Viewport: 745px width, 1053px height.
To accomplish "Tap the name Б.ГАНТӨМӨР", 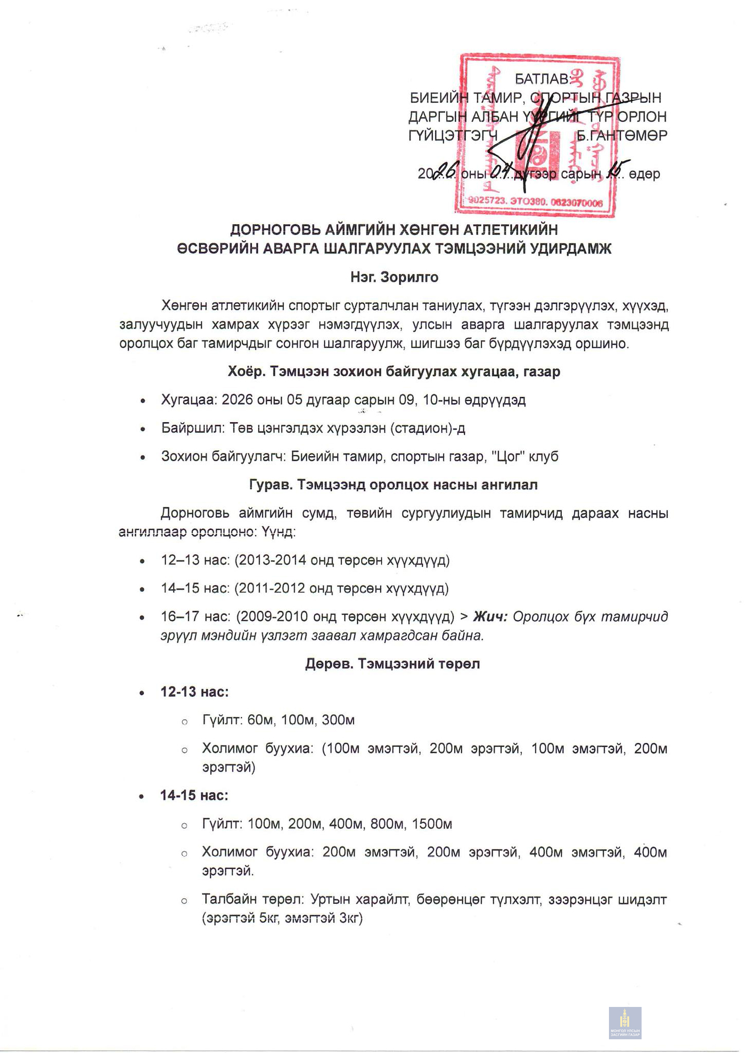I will pyautogui.click(x=622, y=135).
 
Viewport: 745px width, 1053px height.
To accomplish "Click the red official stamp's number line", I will pyautogui.click(x=535, y=202).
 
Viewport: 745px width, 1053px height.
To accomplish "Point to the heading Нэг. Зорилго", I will pyautogui.click(x=394, y=278).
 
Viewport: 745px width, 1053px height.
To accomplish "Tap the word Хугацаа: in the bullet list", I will pyautogui.click(x=189, y=400).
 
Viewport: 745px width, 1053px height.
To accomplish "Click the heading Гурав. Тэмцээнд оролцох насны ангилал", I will pyautogui.click(x=393, y=485).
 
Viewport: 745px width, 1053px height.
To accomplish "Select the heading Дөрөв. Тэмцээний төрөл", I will pyautogui.click(x=392, y=664).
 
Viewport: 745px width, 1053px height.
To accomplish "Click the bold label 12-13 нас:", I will pyautogui.click(x=194, y=692).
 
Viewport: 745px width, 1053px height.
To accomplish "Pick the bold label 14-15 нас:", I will pyautogui.click(x=194, y=795).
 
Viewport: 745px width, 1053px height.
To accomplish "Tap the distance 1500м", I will pyautogui.click(x=432, y=824).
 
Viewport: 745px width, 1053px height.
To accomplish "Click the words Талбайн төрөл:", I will pyautogui.click(x=252, y=899).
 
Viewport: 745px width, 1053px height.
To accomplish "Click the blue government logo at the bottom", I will pyautogui.click(x=625, y=1022).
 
